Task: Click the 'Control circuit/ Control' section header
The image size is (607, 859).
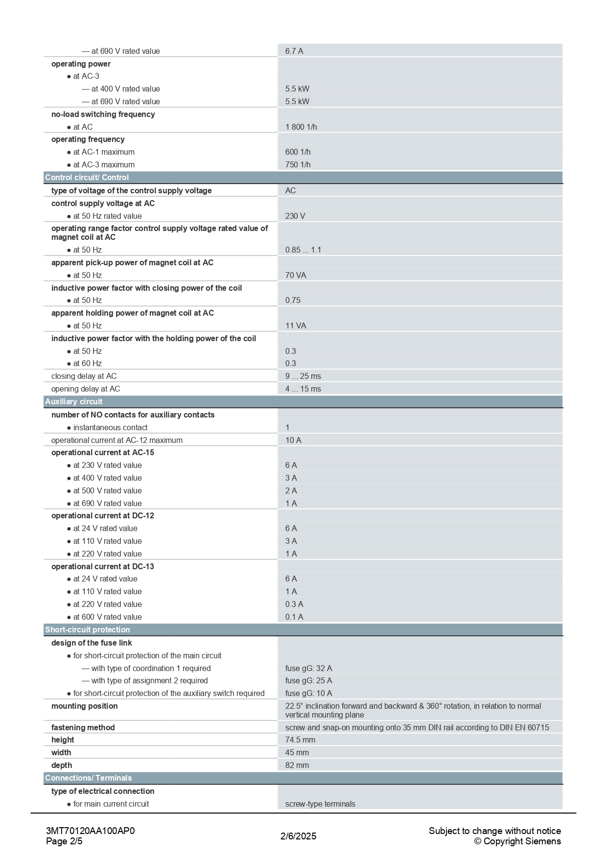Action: [x=87, y=177]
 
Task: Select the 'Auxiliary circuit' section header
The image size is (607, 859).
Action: [x=74, y=401]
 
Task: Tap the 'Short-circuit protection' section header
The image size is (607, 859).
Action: [x=88, y=629]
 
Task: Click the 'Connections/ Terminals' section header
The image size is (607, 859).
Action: [x=89, y=778]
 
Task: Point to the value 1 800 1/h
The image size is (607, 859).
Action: [x=301, y=127]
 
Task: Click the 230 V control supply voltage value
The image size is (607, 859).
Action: [x=295, y=216]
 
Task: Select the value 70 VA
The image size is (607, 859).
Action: [x=296, y=275]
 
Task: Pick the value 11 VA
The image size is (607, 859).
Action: [x=296, y=325]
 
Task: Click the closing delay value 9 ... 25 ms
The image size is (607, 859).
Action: [x=303, y=376]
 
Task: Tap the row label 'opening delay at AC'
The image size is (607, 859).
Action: [x=86, y=389]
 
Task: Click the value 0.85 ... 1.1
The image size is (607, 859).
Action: [x=303, y=250]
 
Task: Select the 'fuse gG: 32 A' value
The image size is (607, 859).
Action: [x=308, y=668]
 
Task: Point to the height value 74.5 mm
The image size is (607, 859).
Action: [x=300, y=740]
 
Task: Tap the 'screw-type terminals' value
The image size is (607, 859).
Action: [x=320, y=804]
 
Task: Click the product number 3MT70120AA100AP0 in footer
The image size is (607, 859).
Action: [x=90, y=831]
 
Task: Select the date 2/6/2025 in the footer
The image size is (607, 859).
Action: [x=299, y=836]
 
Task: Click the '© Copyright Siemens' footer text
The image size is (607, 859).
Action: [x=517, y=841]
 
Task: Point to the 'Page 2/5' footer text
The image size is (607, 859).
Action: [x=64, y=841]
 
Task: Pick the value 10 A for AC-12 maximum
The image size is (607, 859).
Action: [x=293, y=440]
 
